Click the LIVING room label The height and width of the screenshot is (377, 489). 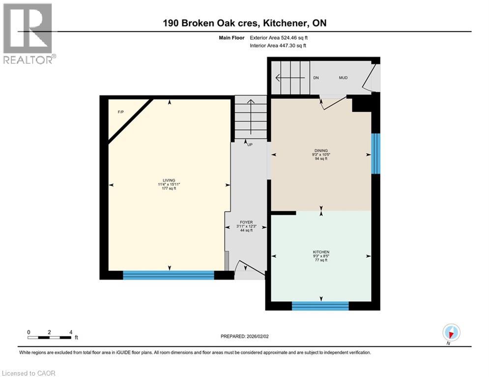pos(170,180)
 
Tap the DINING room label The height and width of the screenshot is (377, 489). pos(321,151)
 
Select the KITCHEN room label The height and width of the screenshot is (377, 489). pos(321,252)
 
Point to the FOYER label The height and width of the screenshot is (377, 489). pos(246,222)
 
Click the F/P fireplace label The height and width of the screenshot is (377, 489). pos(121,112)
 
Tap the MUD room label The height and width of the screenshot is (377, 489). pos(343,78)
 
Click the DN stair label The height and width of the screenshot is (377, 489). pos(316,78)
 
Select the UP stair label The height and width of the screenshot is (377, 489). pos(250,145)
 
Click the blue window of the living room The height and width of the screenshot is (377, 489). pos(169,275)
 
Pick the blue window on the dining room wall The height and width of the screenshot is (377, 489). pos(376,153)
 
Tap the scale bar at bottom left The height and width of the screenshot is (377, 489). pos(50,337)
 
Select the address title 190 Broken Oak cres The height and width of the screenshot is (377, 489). pos(244,23)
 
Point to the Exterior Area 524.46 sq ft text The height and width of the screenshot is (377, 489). pos(280,37)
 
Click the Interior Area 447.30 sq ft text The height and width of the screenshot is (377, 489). pos(278,46)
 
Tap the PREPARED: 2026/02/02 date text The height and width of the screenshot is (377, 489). pos(244,336)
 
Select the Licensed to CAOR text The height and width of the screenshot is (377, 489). pos(29,373)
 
